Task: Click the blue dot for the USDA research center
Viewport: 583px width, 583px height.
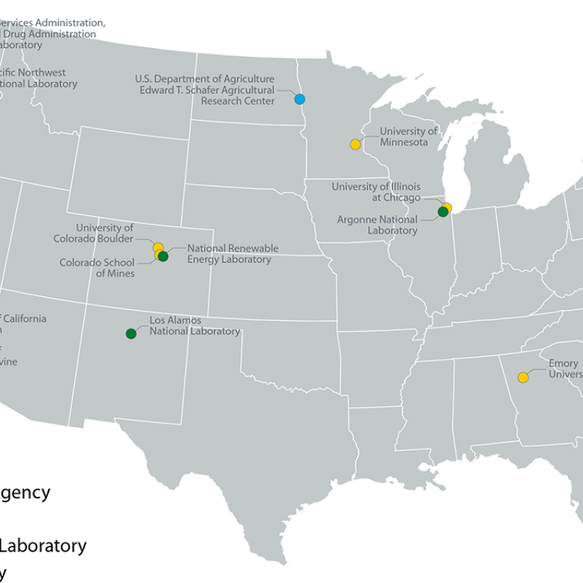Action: pos(300,99)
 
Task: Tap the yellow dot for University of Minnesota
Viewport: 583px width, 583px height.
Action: pos(355,144)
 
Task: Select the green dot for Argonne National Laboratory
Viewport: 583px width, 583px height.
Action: pos(442,212)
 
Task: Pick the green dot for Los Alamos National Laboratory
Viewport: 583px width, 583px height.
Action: pos(131,334)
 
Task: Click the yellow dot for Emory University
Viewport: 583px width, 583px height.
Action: pos(523,377)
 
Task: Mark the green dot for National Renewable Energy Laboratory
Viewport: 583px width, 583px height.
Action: pos(163,256)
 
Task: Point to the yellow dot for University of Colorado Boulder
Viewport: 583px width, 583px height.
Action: pos(157,248)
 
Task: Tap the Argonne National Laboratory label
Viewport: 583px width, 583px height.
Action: pos(377,225)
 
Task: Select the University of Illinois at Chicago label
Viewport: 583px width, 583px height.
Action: pos(376,192)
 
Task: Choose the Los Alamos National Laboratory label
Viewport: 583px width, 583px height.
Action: pos(194,326)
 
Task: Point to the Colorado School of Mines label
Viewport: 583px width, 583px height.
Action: pos(97,267)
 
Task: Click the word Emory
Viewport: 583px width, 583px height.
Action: pos(563,364)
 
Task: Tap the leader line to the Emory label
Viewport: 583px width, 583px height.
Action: pos(536,372)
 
